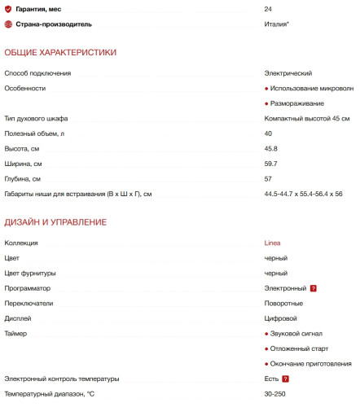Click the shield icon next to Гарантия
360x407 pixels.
tap(9, 9)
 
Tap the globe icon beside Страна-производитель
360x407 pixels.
tap(9, 24)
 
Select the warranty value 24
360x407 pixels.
tap(268, 9)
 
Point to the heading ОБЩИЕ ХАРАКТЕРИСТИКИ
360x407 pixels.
tap(60, 52)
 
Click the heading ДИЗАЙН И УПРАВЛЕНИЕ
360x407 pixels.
tap(55, 221)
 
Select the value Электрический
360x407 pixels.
tap(288, 73)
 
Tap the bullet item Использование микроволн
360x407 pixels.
tap(313, 88)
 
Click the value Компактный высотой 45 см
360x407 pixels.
tap(306, 119)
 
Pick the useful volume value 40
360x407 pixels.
tap(268, 133)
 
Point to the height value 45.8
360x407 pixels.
tap(270, 148)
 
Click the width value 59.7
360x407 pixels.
tap(270, 164)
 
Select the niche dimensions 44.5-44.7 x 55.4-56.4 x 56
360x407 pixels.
tap(303, 194)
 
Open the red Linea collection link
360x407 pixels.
tap(273, 243)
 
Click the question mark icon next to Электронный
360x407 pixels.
tap(313, 288)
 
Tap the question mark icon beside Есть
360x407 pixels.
tap(286, 379)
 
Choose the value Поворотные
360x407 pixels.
tap(284, 303)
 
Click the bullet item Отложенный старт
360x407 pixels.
tap(300, 348)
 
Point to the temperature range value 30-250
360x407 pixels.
tap(275, 394)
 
